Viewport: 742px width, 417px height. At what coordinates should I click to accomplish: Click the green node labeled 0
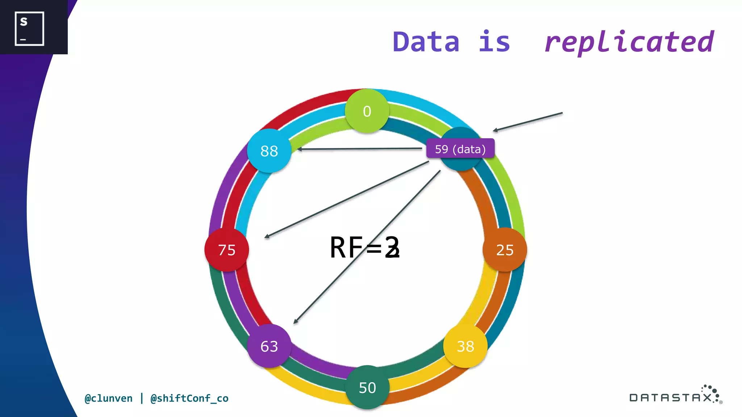coord(367,111)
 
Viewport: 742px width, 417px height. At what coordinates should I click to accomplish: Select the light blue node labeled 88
coord(269,151)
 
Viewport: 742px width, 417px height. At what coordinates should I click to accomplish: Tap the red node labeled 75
coord(227,250)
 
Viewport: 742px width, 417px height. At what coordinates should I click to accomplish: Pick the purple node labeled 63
coord(269,346)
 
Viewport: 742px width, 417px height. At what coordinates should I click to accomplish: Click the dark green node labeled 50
coord(367,387)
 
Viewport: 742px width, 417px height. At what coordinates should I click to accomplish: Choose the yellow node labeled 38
coord(466,346)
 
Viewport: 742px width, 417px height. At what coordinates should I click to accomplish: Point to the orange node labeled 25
coord(505,250)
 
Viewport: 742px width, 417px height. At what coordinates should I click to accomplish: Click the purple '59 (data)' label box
coord(460,149)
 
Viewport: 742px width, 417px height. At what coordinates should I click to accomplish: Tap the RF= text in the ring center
coord(364,248)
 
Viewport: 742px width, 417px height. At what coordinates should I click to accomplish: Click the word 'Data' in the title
coord(426,42)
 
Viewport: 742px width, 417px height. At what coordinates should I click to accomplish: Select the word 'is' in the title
coord(494,42)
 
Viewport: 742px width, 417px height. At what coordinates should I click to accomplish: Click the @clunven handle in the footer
coord(109,399)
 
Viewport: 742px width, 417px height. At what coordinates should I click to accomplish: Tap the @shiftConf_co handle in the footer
coord(189,399)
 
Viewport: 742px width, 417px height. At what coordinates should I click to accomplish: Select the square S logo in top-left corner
coord(29,29)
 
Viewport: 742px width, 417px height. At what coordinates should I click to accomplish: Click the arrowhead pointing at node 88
coord(299,149)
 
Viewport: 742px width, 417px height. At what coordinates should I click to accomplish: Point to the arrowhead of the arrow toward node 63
coord(296,321)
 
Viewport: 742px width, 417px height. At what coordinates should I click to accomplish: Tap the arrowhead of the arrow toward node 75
coord(267,237)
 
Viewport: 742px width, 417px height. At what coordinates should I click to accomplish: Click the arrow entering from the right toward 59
coord(527,122)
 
